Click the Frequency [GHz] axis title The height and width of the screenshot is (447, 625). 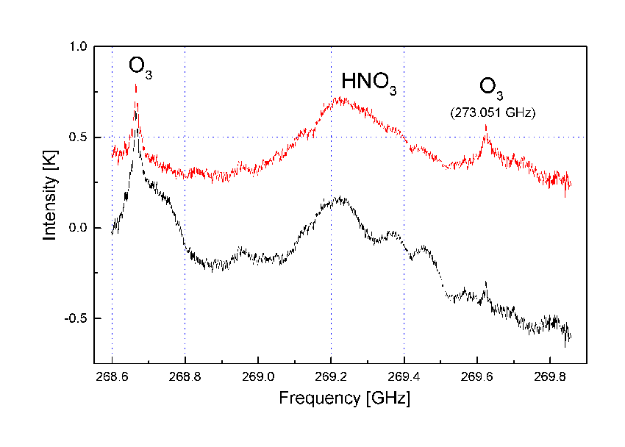[344, 399]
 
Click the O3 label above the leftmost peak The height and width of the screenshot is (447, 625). [140, 66]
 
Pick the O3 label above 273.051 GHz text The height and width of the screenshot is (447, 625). [492, 87]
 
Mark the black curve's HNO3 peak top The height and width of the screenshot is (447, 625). [338, 198]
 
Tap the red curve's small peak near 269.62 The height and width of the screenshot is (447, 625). [485, 126]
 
